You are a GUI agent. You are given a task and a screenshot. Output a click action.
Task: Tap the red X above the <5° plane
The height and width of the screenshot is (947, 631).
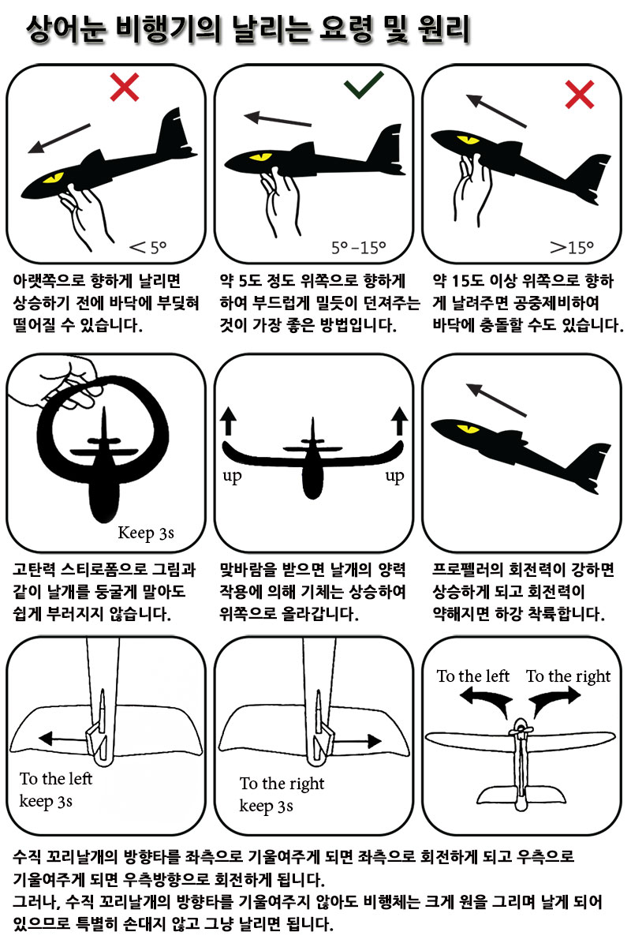[x=125, y=87]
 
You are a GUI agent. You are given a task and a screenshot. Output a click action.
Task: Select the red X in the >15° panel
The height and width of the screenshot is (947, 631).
[x=580, y=94]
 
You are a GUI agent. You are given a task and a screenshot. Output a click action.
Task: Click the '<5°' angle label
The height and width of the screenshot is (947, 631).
[x=148, y=247]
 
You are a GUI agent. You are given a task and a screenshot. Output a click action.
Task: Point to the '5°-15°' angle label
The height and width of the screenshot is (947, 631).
[x=359, y=247]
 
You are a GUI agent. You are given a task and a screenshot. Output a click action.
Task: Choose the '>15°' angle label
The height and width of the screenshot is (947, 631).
[x=572, y=247]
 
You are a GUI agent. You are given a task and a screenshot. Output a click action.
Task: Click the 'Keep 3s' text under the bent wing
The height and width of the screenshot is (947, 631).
[x=146, y=533]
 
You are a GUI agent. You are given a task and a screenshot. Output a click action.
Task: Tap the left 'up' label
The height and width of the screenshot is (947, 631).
[x=232, y=477]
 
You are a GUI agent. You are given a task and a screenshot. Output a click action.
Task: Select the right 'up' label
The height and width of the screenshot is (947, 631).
[x=394, y=477]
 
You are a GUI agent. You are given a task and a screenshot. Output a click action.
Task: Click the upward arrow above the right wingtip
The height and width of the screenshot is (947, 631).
[x=399, y=421]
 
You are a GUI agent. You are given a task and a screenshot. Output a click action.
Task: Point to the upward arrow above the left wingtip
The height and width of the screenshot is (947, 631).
[x=228, y=421]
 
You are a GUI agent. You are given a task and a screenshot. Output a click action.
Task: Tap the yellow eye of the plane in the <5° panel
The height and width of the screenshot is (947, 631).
[x=54, y=177]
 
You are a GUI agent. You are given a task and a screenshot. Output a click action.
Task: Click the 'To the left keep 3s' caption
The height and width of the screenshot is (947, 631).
[x=56, y=790]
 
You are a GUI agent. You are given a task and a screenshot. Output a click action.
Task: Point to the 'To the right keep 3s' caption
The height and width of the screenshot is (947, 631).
[x=282, y=795]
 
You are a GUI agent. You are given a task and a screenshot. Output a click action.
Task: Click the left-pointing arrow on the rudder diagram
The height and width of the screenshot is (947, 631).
[x=63, y=739]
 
